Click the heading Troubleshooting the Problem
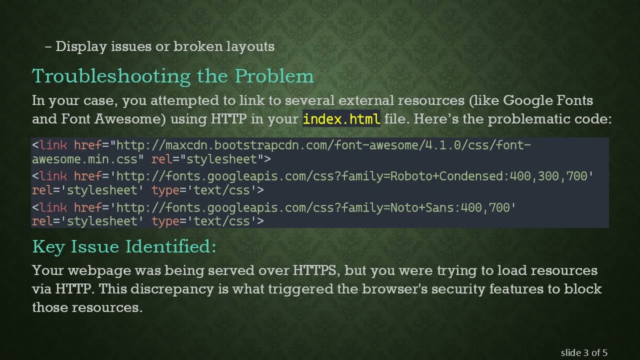173,76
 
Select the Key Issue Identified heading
124,246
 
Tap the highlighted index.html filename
341,119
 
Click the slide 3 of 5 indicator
584,352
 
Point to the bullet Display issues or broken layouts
164,46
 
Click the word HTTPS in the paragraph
314,270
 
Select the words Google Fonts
548,100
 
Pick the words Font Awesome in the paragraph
113,119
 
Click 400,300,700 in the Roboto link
551,176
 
